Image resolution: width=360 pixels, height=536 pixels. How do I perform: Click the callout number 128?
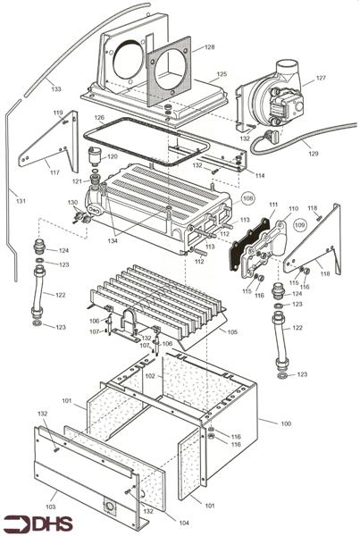click(209, 46)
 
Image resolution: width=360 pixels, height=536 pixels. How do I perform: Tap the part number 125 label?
click(222, 74)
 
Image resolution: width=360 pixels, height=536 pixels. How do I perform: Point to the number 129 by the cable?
click(314, 154)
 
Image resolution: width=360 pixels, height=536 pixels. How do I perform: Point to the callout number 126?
click(99, 119)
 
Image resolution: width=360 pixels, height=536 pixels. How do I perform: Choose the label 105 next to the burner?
click(232, 332)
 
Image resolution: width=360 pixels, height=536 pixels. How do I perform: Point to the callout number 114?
click(259, 174)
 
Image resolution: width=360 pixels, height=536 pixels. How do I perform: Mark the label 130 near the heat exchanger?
click(72, 204)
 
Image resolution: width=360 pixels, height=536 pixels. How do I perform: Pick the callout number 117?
click(54, 172)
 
